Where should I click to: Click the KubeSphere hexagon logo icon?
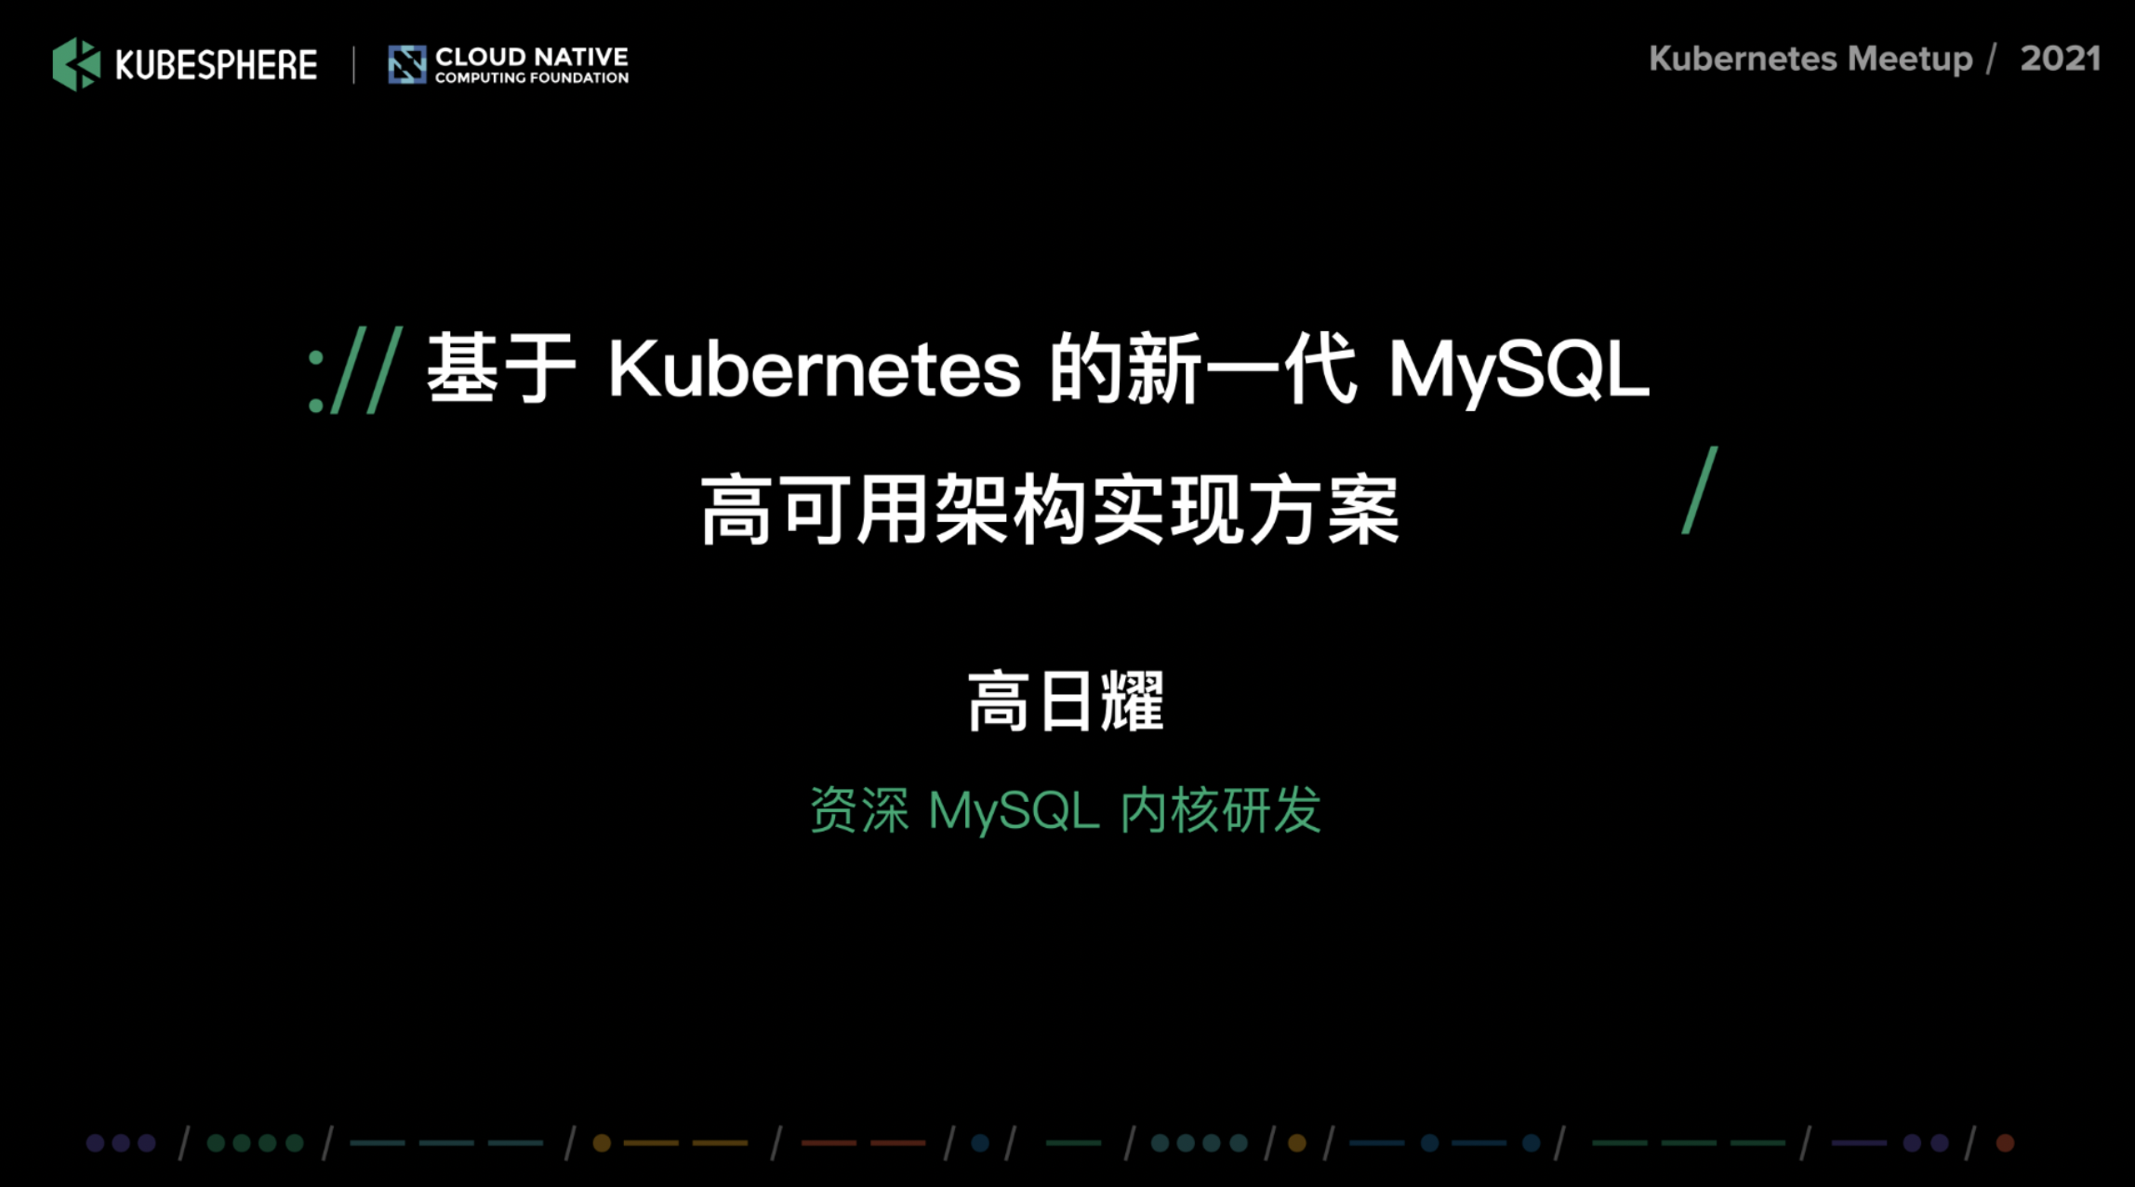(76, 64)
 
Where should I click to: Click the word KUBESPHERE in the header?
(216, 65)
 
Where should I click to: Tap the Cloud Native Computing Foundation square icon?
(407, 64)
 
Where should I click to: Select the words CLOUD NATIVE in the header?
(532, 57)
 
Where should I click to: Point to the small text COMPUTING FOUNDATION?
(532, 78)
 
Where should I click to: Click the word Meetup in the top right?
(1910, 60)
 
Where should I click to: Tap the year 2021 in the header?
(2061, 59)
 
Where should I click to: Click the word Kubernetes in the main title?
(815, 369)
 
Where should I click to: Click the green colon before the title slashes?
(316, 381)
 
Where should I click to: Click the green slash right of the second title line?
(1700, 490)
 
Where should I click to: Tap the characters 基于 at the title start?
(501, 368)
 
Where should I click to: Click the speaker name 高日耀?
(1066, 701)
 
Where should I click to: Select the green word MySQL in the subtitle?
(1014, 811)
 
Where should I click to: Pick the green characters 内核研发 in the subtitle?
(1221, 809)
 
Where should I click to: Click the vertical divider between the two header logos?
(353, 65)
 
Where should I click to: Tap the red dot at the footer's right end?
(2006, 1142)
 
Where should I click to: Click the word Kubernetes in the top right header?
(1744, 59)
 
